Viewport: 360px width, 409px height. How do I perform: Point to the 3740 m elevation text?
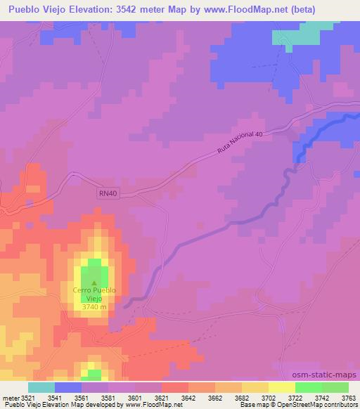click(94, 306)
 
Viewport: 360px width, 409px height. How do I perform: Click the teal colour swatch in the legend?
click(41, 387)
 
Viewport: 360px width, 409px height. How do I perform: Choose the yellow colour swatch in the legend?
click(281, 387)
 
